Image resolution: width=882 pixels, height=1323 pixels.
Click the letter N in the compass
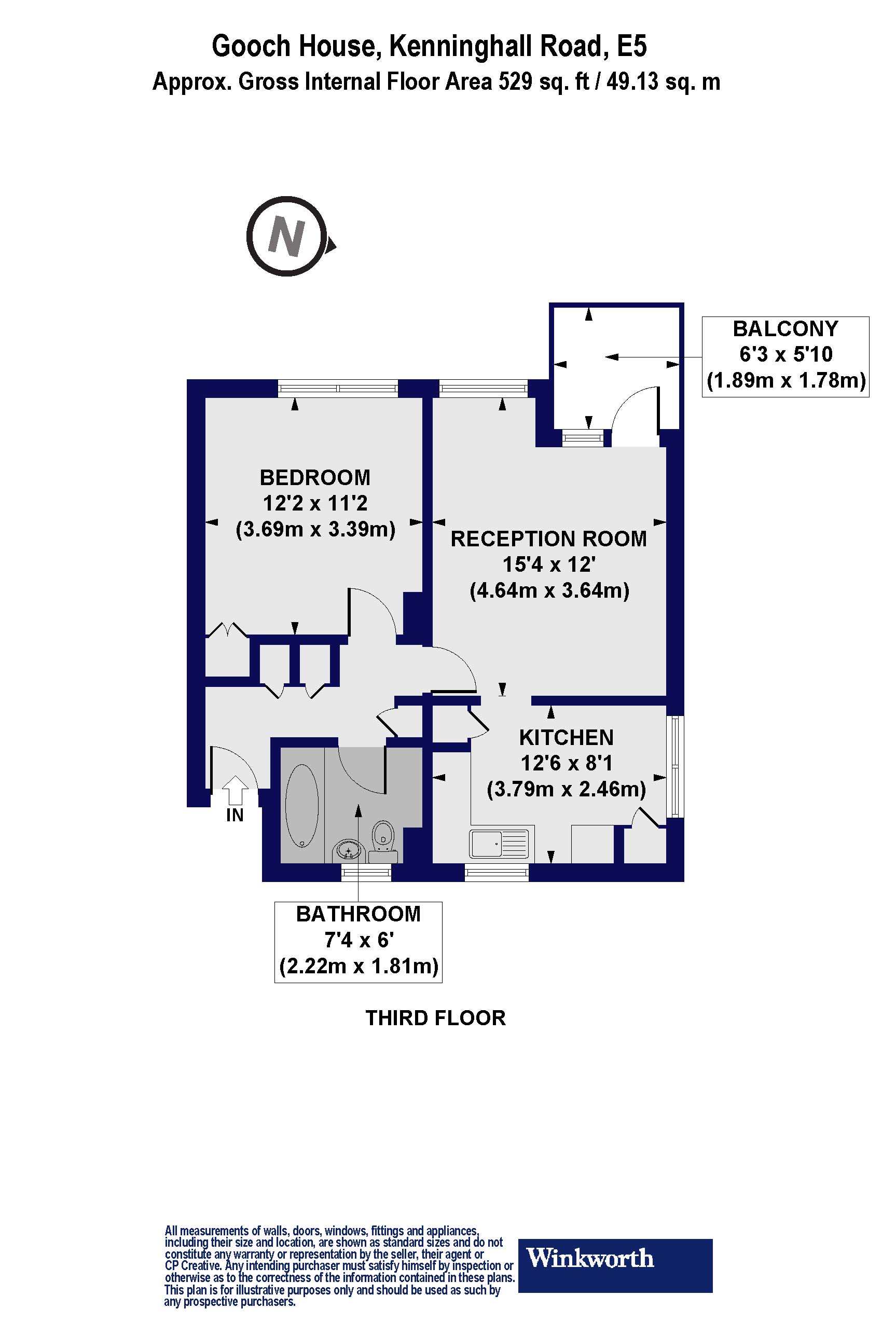tap(287, 236)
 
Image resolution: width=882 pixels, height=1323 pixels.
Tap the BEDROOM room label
tap(315, 477)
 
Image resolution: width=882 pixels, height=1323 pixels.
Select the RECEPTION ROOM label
tap(548, 539)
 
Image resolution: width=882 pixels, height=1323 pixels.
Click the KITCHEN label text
tap(566, 737)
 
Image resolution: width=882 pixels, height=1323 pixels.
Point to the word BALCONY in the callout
tap(786, 328)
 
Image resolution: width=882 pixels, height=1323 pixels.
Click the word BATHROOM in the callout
tap(359, 914)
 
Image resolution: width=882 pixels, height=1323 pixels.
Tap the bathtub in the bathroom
tap(302, 806)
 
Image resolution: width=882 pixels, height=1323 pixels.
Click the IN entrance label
tap(235, 815)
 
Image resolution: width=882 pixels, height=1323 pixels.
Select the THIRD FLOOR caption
tap(435, 1018)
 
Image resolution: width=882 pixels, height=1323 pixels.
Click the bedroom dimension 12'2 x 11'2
tap(315, 503)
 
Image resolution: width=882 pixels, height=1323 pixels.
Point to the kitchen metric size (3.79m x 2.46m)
tap(566, 789)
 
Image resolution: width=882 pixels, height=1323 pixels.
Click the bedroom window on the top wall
tap(338, 388)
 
